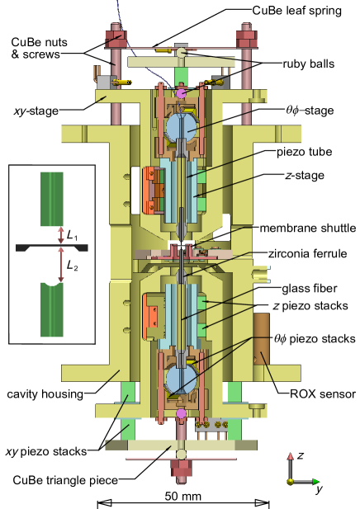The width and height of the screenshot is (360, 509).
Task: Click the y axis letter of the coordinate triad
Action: (x=318, y=490)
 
